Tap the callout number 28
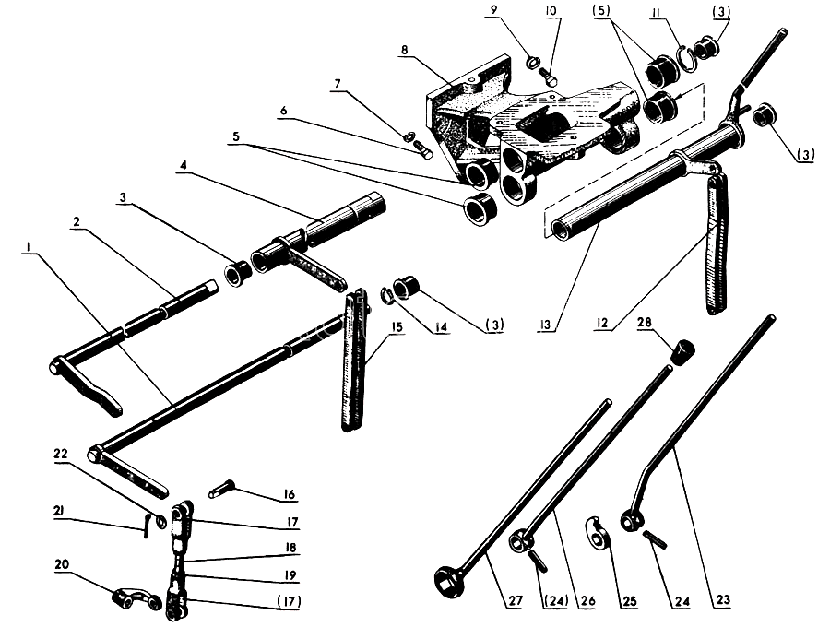tap(642, 322)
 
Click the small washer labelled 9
tap(534, 63)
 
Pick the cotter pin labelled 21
tap(148, 523)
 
